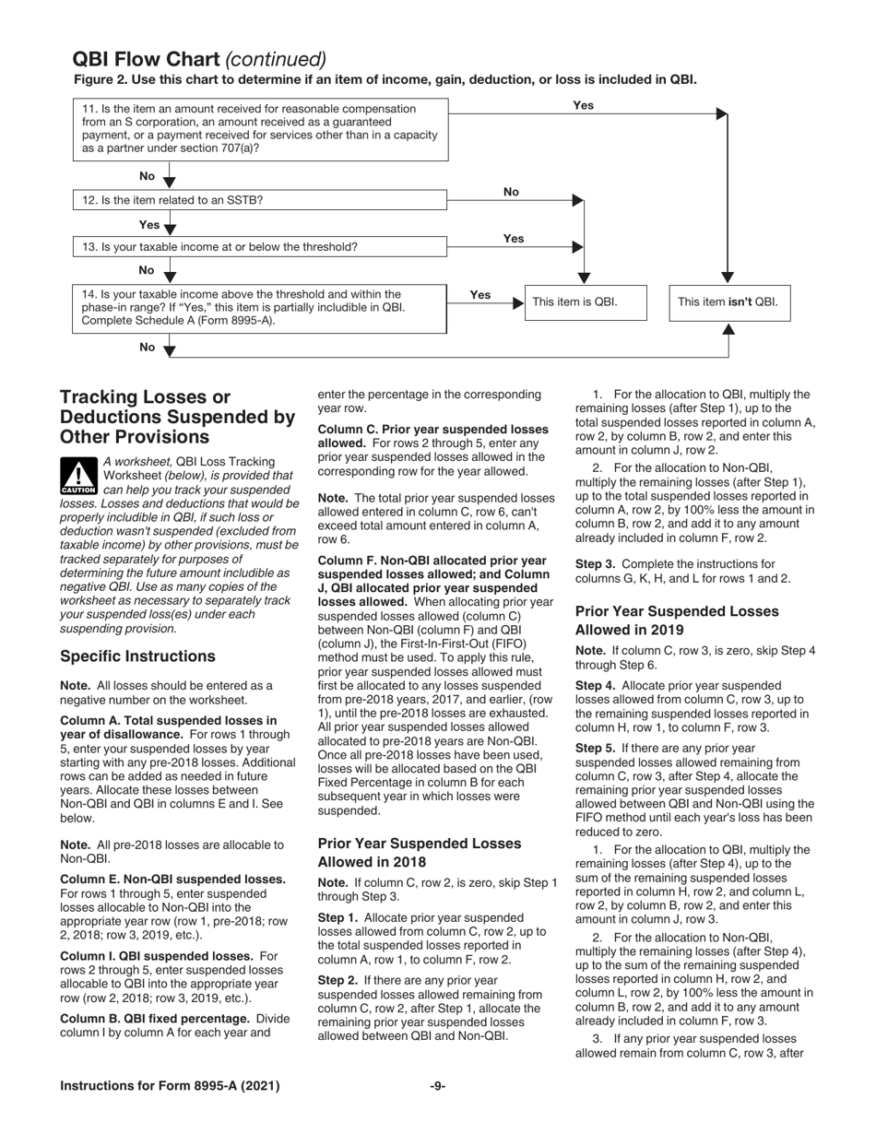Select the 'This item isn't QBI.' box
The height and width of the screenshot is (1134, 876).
point(728,302)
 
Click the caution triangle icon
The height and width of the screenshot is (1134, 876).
point(78,475)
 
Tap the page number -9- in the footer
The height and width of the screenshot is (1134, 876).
point(438,1086)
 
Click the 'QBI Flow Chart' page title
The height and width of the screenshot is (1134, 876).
point(146,60)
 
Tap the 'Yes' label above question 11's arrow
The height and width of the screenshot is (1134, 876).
point(583,105)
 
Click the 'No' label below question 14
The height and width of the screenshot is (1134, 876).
point(148,347)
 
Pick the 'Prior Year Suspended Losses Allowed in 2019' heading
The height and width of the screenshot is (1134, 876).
point(677,620)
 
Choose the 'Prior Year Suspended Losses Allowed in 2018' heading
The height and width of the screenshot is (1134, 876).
point(419,853)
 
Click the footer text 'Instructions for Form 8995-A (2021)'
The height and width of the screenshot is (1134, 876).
point(170,1086)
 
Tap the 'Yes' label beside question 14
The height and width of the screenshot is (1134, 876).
point(480,295)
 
